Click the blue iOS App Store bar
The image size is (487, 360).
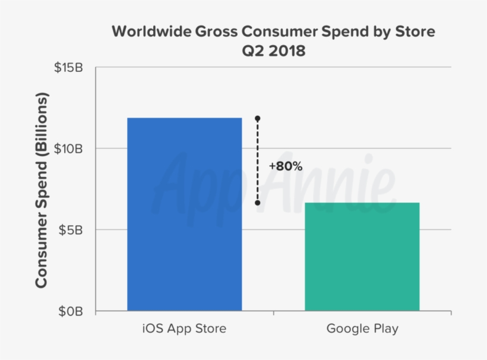point(184,214)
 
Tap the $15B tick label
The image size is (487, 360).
point(69,68)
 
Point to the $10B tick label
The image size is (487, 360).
point(69,149)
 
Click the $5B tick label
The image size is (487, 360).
point(72,230)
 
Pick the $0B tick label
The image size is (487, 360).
point(72,311)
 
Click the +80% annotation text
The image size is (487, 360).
point(285,166)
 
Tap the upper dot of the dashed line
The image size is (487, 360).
point(257,119)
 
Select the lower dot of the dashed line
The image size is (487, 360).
point(257,203)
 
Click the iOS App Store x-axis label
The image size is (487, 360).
point(184,328)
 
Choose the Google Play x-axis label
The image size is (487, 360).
point(362,328)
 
